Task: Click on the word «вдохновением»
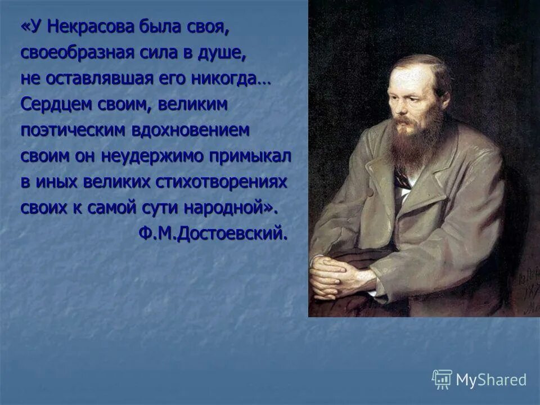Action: pos(190,130)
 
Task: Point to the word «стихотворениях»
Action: pos(228,182)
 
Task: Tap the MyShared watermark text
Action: pos(490,380)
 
